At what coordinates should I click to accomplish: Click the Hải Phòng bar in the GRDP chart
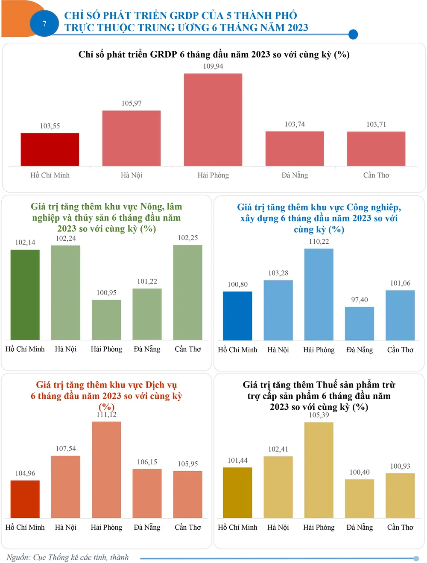click(213, 120)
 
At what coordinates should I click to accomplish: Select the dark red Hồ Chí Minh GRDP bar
click(50, 149)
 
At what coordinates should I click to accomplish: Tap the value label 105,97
click(132, 103)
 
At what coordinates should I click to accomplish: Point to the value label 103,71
click(376, 124)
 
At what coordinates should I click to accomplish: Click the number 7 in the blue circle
click(44, 24)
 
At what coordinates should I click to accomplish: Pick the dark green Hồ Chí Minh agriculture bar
click(25, 295)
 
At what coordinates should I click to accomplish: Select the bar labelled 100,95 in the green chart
click(106, 320)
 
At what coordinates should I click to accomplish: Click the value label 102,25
click(188, 238)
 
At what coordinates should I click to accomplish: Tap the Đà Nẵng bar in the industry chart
click(360, 324)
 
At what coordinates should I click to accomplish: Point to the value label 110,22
click(319, 242)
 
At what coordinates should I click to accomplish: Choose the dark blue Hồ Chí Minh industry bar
click(237, 316)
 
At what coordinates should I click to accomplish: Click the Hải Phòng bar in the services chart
click(106, 470)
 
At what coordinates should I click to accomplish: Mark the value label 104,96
click(25, 473)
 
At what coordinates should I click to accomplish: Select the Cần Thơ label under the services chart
click(188, 528)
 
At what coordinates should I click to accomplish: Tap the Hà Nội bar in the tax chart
click(278, 487)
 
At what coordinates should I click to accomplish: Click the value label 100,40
click(360, 472)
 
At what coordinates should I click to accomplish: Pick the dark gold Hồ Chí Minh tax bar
click(237, 493)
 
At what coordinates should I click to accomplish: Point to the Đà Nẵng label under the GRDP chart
click(295, 175)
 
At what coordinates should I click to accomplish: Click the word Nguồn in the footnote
click(18, 557)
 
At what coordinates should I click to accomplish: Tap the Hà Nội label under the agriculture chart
click(66, 349)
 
